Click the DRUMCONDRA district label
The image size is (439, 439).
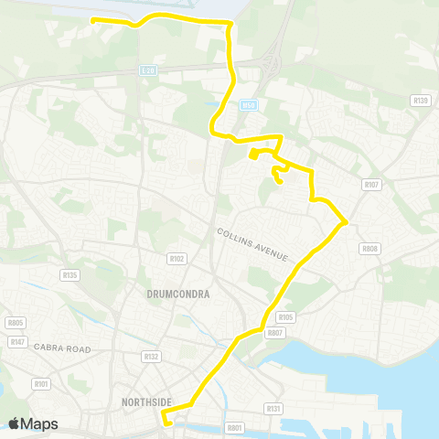[x=179, y=294]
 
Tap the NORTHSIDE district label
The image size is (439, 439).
[x=147, y=401]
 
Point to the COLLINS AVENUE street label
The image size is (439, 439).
[x=253, y=244]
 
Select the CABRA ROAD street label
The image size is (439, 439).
[x=64, y=348]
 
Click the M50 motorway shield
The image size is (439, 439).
[x=247, y=106]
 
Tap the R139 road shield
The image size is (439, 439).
[x=421, y=100]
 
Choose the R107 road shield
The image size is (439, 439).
[x=370, y=184]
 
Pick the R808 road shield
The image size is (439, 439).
[x=369, y=248]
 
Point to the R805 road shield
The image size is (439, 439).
[x=15, y=322]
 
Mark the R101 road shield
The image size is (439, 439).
[x=39, y=384]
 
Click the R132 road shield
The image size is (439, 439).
[x=151, y=356]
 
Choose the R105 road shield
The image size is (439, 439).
[x=285, y=317]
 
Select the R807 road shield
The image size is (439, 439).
[x=274, y=333]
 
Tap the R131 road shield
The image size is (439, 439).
[x=273, y=408]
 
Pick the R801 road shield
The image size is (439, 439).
[x=235, y=427]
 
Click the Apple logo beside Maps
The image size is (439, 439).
[x=15, y=423]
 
